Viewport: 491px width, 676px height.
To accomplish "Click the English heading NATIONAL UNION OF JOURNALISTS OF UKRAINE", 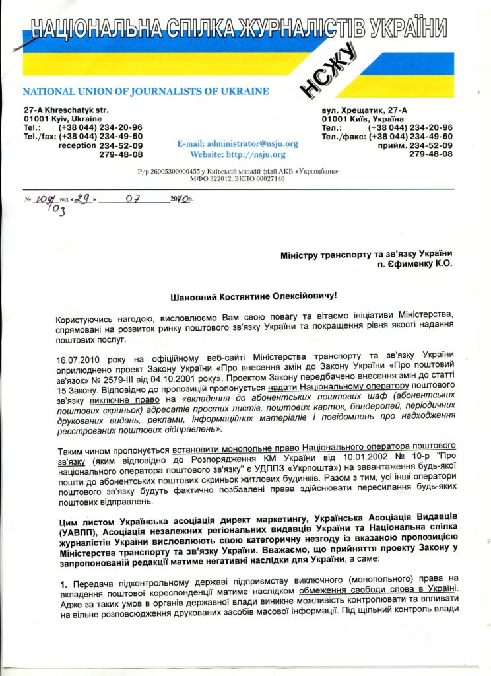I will point(146,90).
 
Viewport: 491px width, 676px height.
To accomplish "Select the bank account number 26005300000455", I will point(187,171).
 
